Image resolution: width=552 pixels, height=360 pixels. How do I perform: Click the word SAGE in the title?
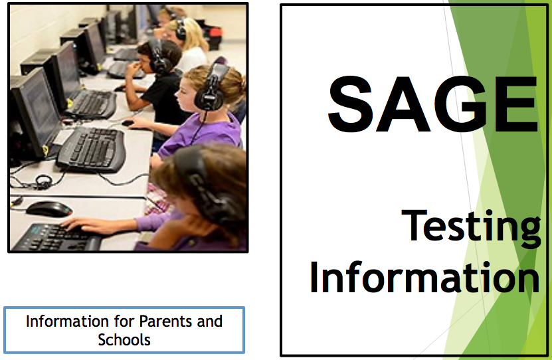pos(433,104)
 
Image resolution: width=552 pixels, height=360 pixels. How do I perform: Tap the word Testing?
pos(471,227)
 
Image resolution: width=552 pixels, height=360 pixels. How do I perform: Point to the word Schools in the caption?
pos(124,340)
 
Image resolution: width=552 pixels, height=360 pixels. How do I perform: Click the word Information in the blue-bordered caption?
pos(67,321)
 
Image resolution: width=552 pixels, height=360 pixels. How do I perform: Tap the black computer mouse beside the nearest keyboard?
pos(49,209)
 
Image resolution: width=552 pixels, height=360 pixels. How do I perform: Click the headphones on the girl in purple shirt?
pos(211,87)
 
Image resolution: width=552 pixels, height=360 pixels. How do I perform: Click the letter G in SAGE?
pos(462,104)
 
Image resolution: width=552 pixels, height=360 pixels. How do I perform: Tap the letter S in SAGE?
pos(350,104)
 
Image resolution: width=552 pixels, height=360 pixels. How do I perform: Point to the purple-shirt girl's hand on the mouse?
pos(138,122)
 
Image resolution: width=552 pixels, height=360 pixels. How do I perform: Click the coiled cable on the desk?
pos(43,182)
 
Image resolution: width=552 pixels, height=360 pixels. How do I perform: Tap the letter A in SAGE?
pos(403,104)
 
